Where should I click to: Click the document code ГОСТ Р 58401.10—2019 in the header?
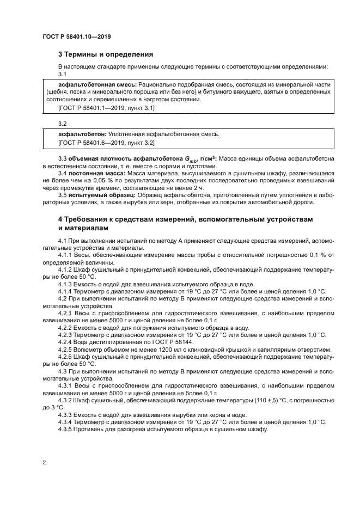tap(80, 37)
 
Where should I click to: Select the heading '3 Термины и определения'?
tap(105, 54)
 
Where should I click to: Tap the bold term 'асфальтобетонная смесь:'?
tap(97, 85)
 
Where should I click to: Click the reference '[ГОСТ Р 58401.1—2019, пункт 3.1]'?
tap(106, 108)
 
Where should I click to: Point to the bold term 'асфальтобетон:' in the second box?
tap(82, 133)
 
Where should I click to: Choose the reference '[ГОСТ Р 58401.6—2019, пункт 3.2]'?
tap(106, 143)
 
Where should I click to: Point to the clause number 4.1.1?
tap(65, 255)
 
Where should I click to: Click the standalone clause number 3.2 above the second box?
tap(62, 124)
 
